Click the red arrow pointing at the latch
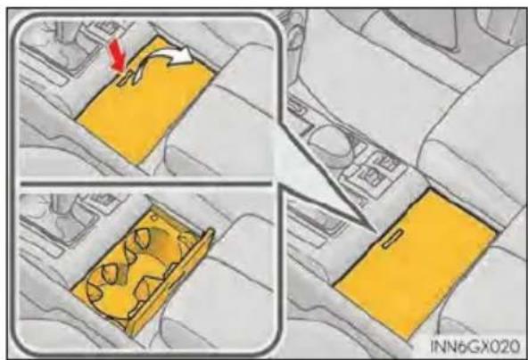tap(117, 55)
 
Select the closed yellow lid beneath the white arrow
tap(144, 101)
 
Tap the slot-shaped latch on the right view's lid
tap(392, 239)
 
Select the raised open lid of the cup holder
tap(172, 282)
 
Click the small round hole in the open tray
tap(154, 217)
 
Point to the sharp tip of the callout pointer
tap(376, 233)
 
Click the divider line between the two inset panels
tap(145, 184)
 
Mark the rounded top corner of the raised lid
tap(210, 233)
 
